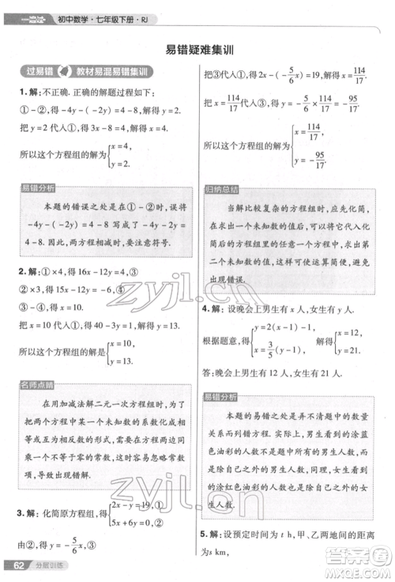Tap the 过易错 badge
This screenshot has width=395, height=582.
(x=38, y=73)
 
